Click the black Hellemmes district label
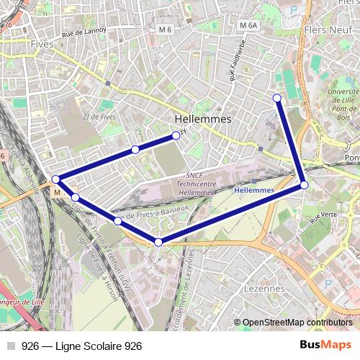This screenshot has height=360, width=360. pos(203,118)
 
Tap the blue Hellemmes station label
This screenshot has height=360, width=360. pos(254,190)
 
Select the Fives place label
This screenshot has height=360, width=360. pos(42,44)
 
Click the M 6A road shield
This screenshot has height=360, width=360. pos(248,25)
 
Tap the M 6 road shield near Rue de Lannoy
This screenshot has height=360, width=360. pos(166,30)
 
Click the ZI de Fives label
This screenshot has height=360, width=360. pos(99,117)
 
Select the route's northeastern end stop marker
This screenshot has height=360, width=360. pos(277,98)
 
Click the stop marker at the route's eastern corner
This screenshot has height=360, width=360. pos(305,185)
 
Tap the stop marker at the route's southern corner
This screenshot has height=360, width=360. pos(158,243)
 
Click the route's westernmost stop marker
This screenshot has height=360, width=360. pos(55,179)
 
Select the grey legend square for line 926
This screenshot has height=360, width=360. pos(10,346)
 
